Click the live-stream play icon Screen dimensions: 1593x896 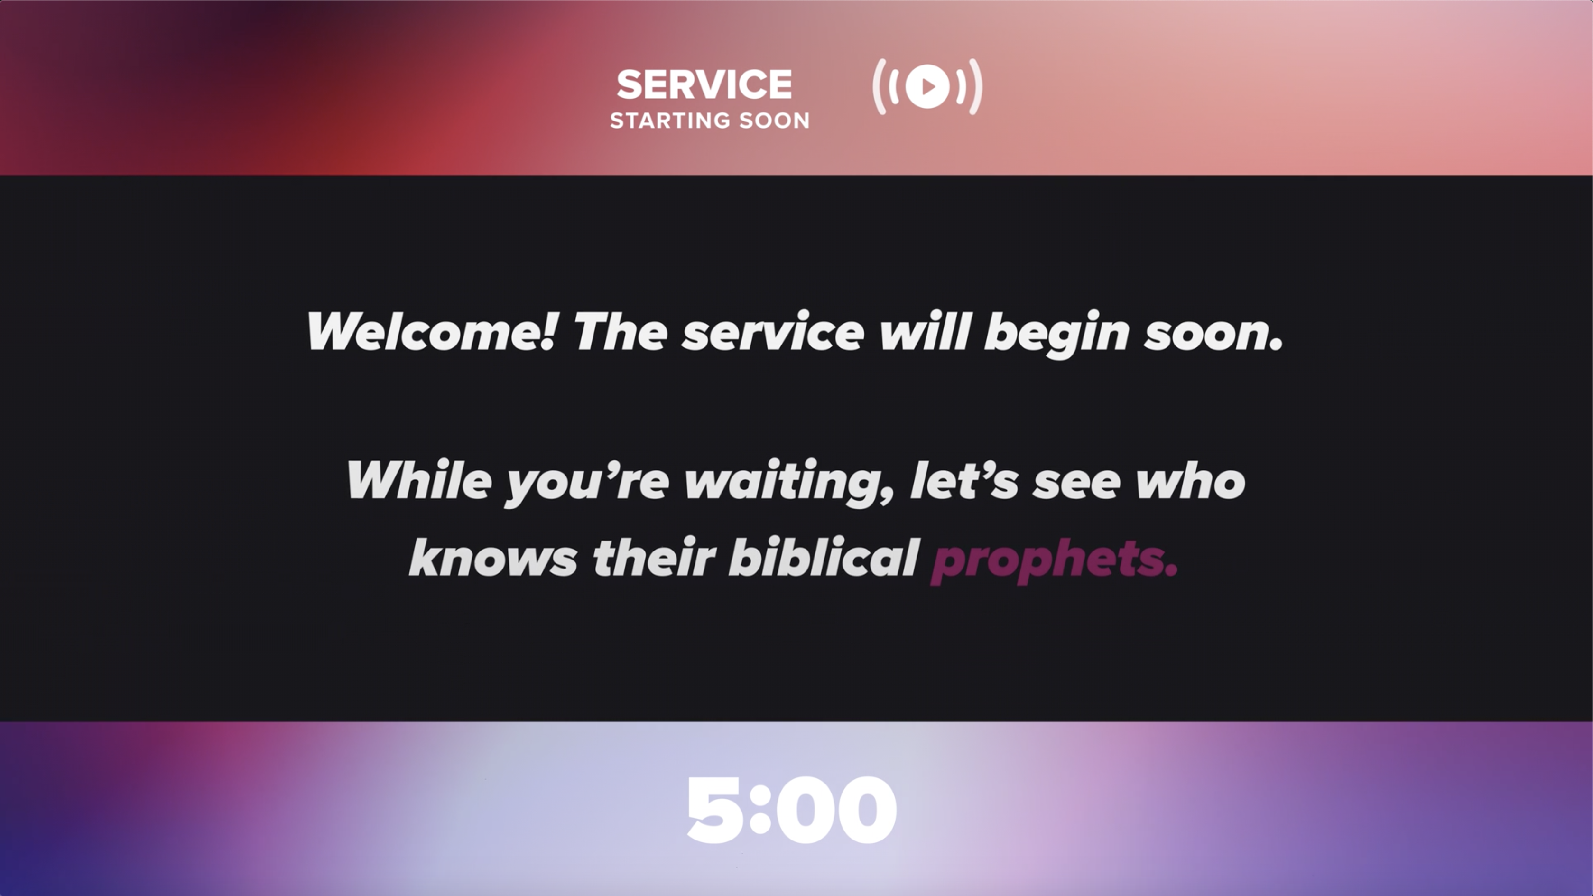coord(927,87)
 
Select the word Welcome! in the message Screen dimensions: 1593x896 coord(432,332)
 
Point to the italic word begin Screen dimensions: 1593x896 coord(1056,334)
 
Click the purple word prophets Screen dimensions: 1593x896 coord(1055,560)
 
